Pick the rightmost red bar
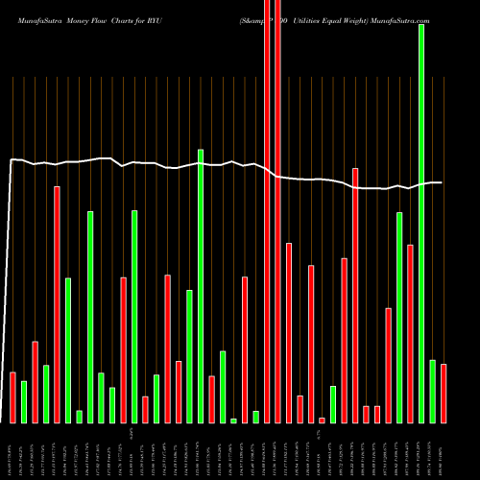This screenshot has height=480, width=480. [x=444, y=393]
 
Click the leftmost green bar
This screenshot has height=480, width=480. [x=24, y=401]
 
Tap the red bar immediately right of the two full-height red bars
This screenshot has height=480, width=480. [x=289, y=332]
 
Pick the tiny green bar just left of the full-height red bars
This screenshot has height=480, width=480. [x=256, y=417]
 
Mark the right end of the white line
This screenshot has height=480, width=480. [x=442, y=182]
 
